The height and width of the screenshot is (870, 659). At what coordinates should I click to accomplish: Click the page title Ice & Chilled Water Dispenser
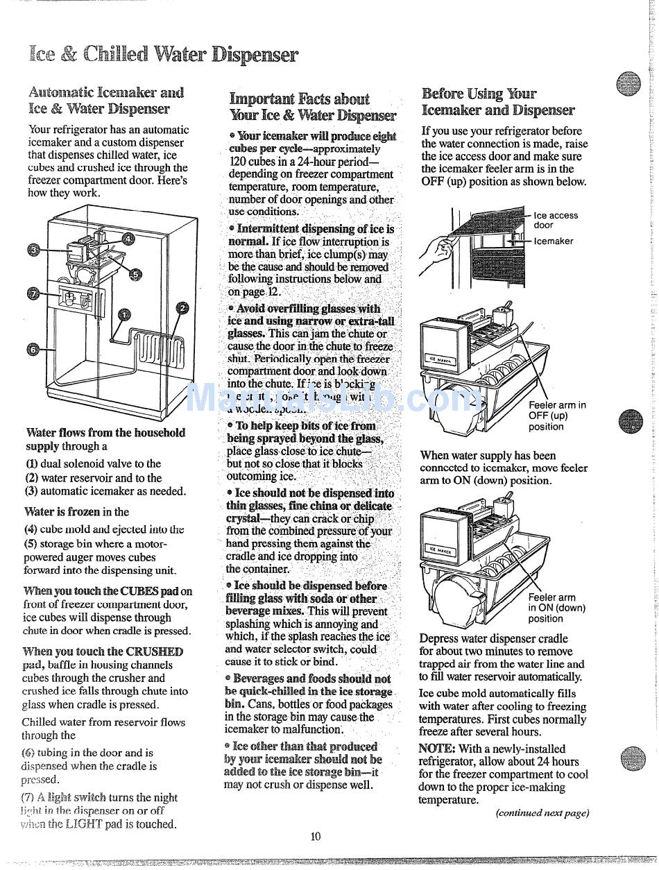(164, 55)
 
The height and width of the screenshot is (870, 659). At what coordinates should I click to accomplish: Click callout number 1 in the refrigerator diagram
(123, 314)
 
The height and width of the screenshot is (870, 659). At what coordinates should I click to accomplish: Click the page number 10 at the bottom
(316, 836)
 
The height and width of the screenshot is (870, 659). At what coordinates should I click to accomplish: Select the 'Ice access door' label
(555, 220)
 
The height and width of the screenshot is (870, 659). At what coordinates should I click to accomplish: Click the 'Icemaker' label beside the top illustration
(553, 241)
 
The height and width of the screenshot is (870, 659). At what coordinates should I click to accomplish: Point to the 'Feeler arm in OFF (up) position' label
(556, 416)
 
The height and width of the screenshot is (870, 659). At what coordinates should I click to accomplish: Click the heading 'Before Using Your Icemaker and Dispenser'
(497, 101)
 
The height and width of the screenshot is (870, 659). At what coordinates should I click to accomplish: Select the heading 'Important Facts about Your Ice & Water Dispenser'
(312, 108)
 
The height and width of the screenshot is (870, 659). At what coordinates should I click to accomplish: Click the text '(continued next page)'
(542, 813)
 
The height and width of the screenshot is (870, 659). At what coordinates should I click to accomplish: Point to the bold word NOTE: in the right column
(436, 749)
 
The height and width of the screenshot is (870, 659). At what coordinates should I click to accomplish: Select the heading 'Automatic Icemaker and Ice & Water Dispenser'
(105, 100)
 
